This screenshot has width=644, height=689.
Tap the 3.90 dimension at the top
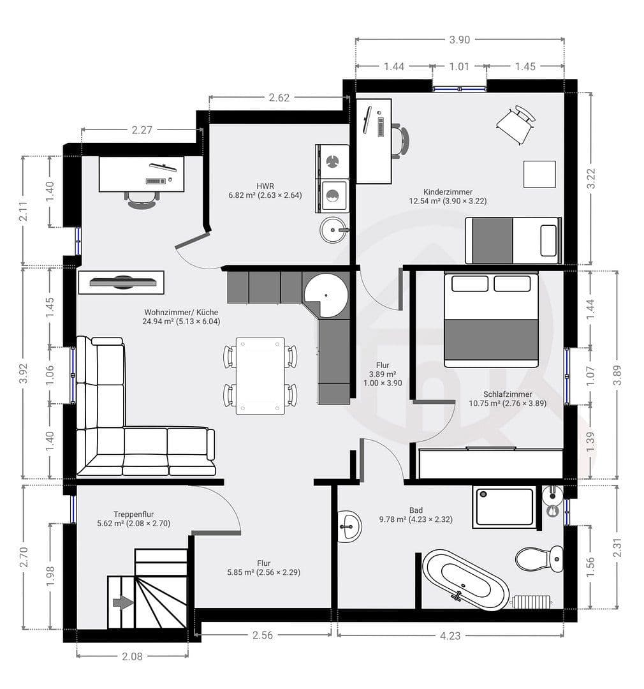point(459,40)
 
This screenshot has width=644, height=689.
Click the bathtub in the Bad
point(465,579)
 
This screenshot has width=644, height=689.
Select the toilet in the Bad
point(539,558)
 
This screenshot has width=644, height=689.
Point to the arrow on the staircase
point(123,602)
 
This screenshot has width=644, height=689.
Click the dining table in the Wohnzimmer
point(260,376)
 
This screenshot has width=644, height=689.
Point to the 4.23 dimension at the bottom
point(450,635)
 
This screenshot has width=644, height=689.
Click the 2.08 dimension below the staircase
point(132,656)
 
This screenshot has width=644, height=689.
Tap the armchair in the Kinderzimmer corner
point(516,124)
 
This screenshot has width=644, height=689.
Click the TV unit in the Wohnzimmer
point(121,282)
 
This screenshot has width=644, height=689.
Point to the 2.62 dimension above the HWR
point(279,98)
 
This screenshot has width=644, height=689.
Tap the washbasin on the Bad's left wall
point(348,527)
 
